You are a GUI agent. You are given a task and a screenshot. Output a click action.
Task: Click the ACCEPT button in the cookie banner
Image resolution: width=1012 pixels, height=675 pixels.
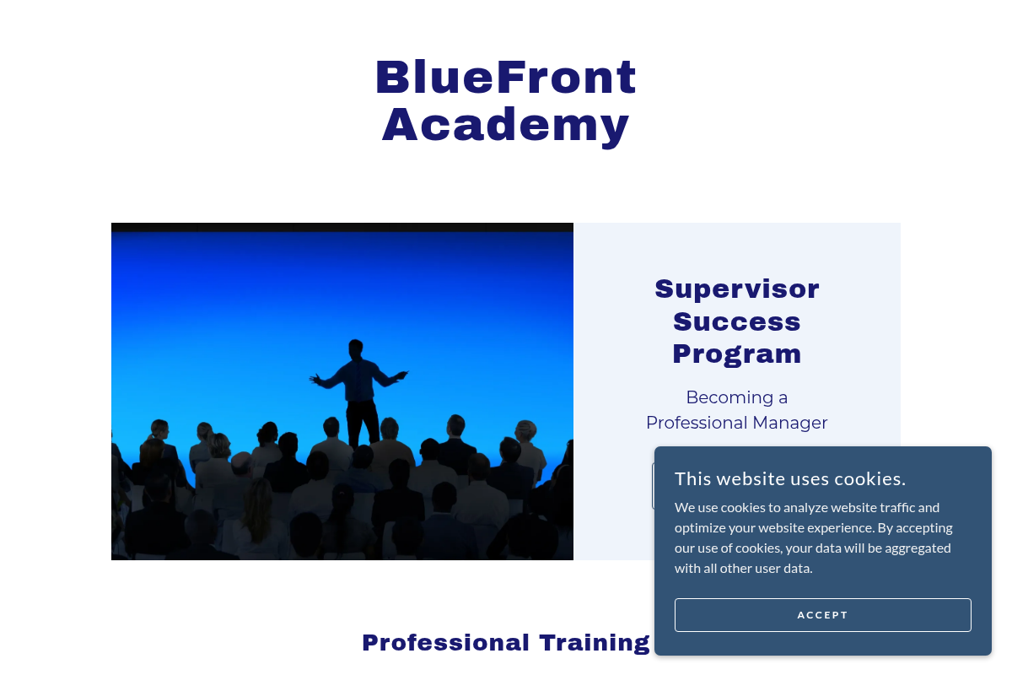point(822,615)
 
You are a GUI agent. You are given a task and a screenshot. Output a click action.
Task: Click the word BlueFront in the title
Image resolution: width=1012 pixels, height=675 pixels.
point(506,78)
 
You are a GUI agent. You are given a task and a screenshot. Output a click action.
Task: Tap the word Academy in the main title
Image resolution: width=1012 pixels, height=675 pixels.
point(505,127)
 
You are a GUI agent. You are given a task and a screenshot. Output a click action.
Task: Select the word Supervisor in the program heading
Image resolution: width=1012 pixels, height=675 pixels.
point(737,290)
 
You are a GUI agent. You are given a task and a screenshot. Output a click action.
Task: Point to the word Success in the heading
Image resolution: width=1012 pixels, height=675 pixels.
point(737,322)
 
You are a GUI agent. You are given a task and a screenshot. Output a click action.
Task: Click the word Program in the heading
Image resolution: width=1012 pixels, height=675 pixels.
point(737,355)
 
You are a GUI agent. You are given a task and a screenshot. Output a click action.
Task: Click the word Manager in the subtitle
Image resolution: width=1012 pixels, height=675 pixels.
point(789,423)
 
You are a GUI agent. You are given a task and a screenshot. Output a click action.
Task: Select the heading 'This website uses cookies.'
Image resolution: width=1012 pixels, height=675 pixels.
point(790,478)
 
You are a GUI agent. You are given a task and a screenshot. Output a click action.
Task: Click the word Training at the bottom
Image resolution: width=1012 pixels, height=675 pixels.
point(595,643)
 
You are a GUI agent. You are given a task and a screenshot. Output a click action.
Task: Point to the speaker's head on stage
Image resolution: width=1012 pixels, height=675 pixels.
point(356,349)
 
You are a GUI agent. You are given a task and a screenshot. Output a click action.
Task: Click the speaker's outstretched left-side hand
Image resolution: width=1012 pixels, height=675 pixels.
point(315,380)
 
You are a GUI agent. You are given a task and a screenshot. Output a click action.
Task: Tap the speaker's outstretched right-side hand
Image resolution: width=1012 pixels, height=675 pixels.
point(401,375)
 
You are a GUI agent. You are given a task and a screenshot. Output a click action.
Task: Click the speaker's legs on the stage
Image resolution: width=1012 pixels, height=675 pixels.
point(363,423)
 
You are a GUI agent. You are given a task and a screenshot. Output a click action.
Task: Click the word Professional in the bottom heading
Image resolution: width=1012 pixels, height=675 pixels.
point(445,643)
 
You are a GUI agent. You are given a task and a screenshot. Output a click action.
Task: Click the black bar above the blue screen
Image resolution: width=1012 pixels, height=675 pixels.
point(342,228)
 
